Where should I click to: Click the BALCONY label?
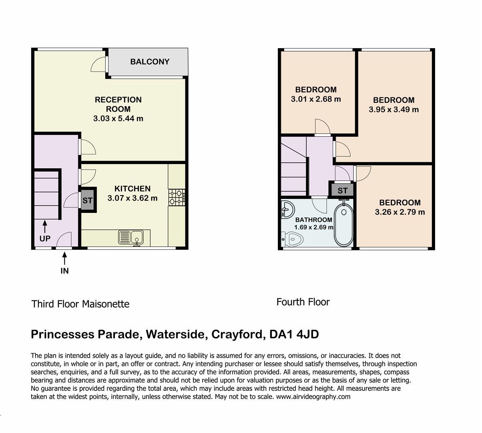[150, 62]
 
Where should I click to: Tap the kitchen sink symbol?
[131, 237]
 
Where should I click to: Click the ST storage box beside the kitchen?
[87, 200]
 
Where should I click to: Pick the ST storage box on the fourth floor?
[342, 190]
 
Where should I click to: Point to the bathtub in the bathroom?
[343, 225]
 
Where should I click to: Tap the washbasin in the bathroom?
[287, 209]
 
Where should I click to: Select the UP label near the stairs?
[45, 239]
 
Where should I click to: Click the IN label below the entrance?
[64, 271]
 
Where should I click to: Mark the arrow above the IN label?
[64, 258]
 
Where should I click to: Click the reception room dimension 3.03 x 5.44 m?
[118, 119]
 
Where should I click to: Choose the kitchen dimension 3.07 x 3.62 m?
[133, 198]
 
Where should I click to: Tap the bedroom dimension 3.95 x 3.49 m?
[394, 109]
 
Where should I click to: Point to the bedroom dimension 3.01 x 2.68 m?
[316, 99]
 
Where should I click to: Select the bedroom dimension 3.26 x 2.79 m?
[400, 212]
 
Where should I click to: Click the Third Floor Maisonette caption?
[80, 304]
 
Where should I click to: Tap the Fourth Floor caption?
[303, 302]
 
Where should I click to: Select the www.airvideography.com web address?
[313, 397]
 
